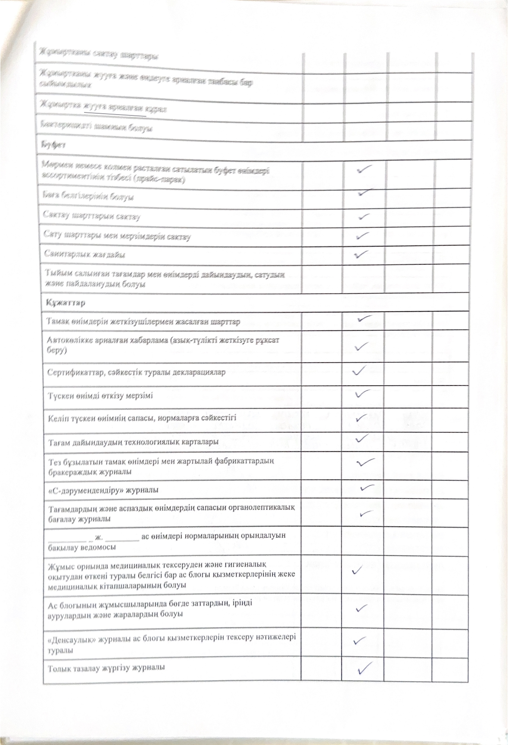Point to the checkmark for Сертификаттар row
(x=359, y=370)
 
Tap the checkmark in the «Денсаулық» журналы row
(x=360, y=640)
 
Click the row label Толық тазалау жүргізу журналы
(x=106, y=668)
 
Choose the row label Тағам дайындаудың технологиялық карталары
(x=133, y=442)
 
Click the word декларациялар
(x=199, y=372)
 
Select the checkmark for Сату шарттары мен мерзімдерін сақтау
(x=362, y=236)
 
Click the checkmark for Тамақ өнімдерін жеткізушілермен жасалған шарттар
(x=365, y=318)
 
